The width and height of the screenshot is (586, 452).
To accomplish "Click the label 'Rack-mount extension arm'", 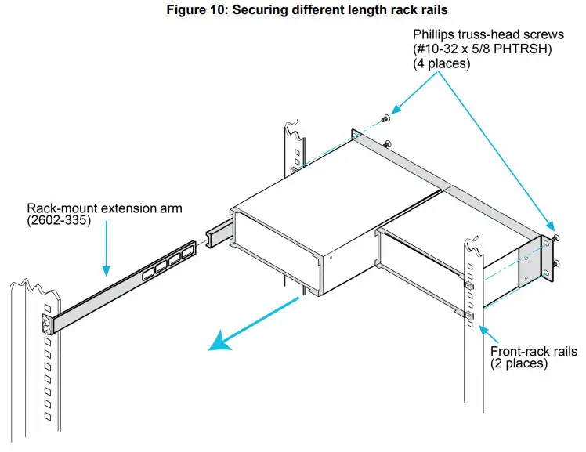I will click(x=104, y=208).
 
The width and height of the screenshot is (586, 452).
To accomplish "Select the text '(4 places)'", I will click(x=442, y=64).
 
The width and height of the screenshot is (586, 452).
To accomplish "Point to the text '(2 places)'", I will click(x=519, y=363).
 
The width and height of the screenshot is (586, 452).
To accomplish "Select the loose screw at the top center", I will click(x=384, y=119).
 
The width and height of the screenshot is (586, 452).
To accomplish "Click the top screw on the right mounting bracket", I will click(x=555, y=237).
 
